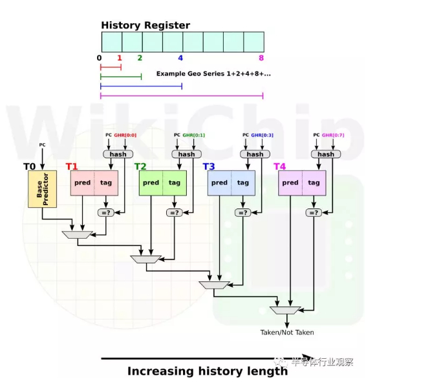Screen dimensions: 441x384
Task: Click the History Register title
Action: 145,26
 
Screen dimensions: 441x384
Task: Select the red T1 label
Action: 71,167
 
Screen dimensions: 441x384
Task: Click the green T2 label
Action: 140,167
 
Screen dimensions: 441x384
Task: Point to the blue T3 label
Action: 208,167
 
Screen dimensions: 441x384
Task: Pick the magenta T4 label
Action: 279,167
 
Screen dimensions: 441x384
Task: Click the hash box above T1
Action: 118,154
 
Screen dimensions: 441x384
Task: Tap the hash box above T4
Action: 326,154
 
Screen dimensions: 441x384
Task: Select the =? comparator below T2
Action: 174,212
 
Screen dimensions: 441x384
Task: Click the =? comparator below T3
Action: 242,212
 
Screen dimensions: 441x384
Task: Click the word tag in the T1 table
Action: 106,183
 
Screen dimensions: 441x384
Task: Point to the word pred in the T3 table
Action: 219,183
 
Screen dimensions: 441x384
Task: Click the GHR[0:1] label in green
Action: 193,136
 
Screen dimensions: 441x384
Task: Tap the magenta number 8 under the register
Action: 261,58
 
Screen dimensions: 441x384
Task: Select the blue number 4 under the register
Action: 180,58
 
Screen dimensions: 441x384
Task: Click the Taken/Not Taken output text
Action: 287,332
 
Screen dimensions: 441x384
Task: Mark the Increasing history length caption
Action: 207,371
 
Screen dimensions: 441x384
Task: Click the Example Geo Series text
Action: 213,74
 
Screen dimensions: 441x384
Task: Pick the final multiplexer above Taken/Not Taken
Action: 286,310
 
